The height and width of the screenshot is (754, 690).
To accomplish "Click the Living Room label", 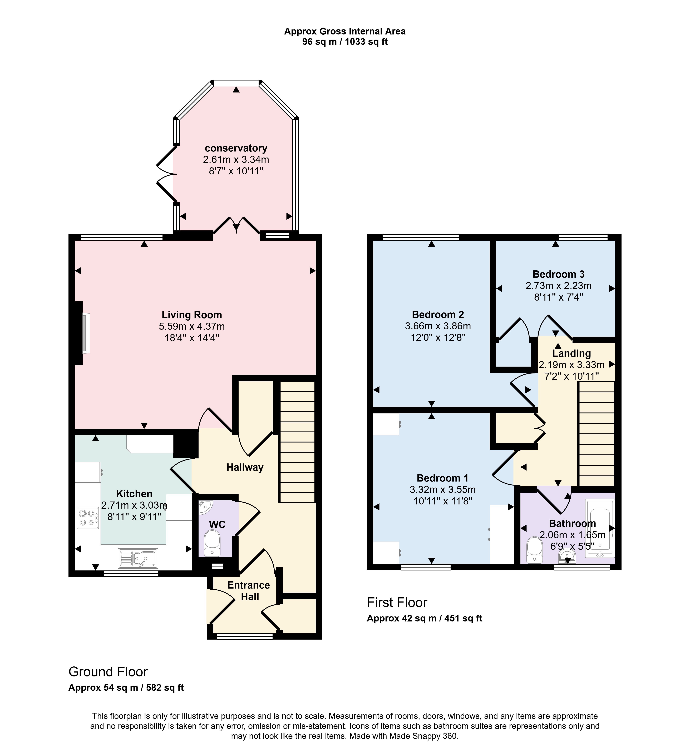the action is (x=192, y=315).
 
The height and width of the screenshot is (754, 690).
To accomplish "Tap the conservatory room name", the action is (x=236, y=148).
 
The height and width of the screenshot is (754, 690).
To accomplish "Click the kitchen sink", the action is (x=138, y=559).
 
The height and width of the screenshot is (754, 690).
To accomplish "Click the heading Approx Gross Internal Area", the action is (x=345, y=31).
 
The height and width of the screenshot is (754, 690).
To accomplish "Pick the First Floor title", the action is (x=397, y=603).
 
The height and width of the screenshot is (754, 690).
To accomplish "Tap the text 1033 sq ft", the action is (x=366, y=42).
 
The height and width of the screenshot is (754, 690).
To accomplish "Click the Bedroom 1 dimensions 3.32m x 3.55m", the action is (x=443, y=490).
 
